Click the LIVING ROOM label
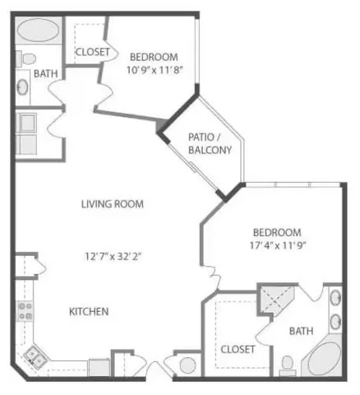(113, 204)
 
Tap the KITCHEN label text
(89, 311)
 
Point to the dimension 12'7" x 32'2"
(113, 255)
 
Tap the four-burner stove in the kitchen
(25, 311)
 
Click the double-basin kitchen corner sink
(35, 355)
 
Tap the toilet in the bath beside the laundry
(26, 59)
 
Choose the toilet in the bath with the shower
(287, 363)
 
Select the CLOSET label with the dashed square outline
(238, 349)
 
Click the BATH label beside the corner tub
(302, 331)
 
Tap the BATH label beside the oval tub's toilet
(46, 74)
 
